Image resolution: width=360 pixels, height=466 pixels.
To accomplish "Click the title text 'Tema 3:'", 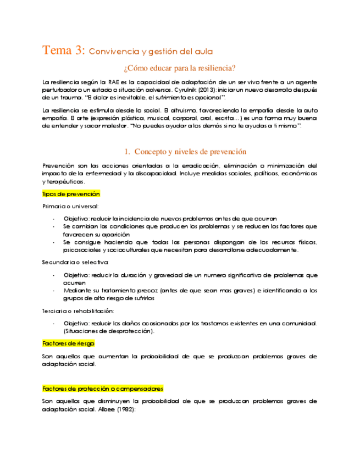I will click(x=63, y=50).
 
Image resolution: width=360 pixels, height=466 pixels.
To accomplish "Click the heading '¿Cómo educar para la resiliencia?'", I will click(x=180, y=68).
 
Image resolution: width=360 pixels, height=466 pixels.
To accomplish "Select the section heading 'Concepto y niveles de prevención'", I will click(x=190, y=152).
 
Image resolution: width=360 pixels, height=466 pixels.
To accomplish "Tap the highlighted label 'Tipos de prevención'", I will click(x=71, y=194).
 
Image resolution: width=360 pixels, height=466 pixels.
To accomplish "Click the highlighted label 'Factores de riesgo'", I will click(x=68, y=343).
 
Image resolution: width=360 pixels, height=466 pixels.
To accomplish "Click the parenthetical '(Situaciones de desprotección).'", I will click(x=109, y=331).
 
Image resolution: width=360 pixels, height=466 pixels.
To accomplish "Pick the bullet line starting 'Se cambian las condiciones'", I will click(x=190, y=226).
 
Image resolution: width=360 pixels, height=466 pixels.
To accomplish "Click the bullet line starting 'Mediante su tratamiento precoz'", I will click(x=190, y=291).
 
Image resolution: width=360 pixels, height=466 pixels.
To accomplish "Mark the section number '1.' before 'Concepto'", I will click(x=126, y=152).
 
